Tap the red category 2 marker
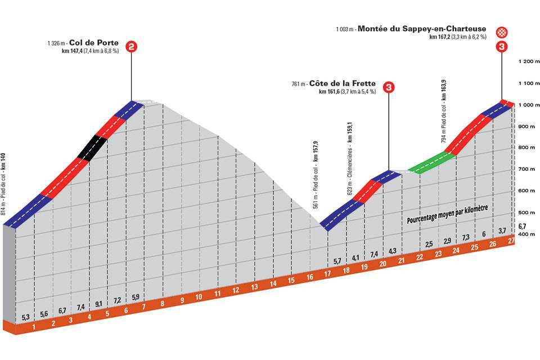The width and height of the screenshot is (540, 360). pos(132,47)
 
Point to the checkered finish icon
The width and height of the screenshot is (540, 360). pos(501,32)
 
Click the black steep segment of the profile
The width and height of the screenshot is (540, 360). pos(92,147)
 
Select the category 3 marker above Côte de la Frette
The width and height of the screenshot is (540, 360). pos(388,87)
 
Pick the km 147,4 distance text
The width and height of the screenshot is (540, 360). pos(73,51)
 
